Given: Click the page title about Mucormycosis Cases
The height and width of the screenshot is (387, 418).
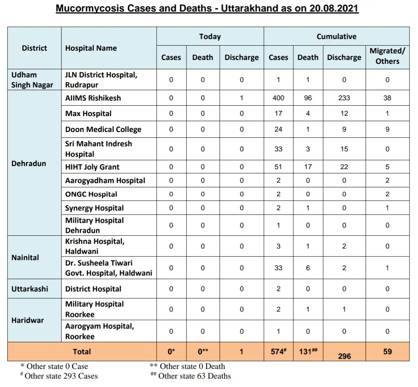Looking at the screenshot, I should tap(207, 9).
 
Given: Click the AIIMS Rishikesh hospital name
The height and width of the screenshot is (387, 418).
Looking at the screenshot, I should tap(93, 98).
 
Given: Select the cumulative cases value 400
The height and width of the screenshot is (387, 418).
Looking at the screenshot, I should tap(278, 98).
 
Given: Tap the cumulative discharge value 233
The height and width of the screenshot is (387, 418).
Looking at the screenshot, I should tap(344, 98).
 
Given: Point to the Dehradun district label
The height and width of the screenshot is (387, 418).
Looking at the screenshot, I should tap(29, 163).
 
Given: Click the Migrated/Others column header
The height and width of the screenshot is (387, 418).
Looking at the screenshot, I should tap(387, 56).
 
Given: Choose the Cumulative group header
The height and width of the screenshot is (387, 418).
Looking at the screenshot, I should tap(336, 36).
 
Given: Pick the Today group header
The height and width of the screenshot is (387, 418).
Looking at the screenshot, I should tap(210, 36).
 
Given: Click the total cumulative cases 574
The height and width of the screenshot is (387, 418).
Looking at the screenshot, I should tap(278, 352).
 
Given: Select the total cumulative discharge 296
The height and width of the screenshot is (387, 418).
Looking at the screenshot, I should tap(344, 356).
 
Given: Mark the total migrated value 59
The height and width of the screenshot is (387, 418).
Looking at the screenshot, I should tap(387, 352).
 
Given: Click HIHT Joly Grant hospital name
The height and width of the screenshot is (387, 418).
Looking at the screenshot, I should tap(92, 167).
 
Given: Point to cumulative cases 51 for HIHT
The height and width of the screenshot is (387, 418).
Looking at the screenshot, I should tap(278, 167).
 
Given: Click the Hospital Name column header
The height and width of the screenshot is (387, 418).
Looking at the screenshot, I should tap(91, 48).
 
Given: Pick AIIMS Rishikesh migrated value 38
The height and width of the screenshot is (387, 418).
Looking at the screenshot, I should tap(387, 98).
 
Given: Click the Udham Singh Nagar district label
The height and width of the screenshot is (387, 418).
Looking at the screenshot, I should tap(32, 80).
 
